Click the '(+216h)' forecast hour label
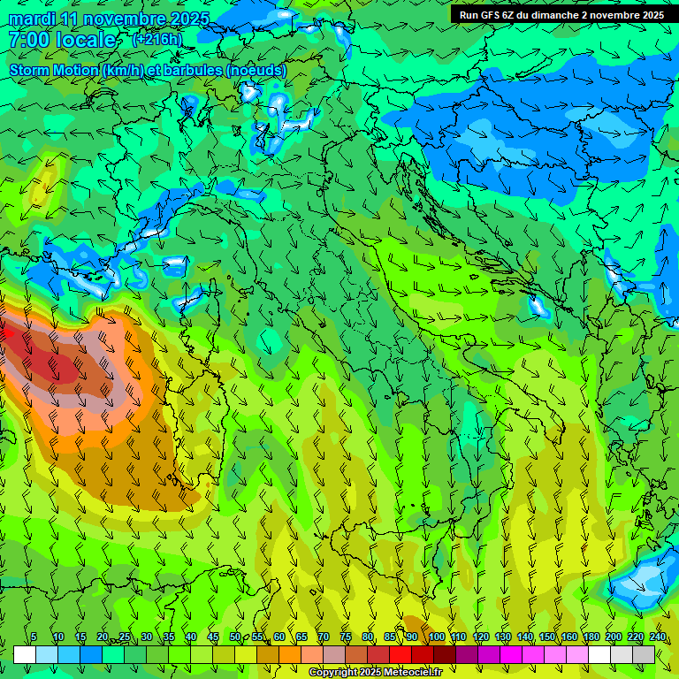click(156, 40)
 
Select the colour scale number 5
click(34, 637)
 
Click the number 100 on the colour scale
click(436, 637)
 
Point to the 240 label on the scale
click(658, 637)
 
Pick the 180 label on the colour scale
click(590, 637)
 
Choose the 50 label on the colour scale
click(235, 637)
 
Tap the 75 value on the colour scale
click(346, 637)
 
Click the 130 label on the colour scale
click(502, 637)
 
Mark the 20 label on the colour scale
click(103, 637)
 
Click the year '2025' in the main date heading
click(190, 19)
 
